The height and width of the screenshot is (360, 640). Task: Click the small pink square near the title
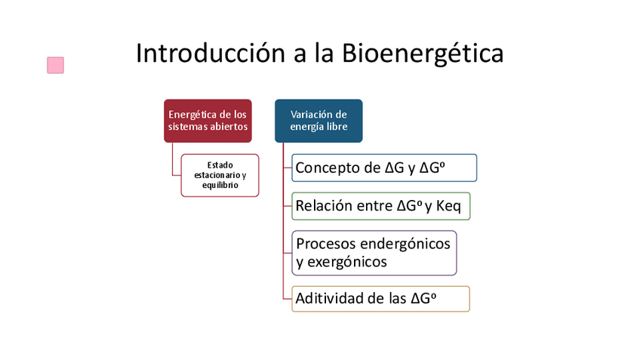point(55,66)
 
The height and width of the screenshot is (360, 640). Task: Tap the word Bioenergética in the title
point(423,54)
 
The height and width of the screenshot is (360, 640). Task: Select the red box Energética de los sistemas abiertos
point(208,121)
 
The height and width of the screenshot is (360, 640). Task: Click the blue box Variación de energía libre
point(318,121)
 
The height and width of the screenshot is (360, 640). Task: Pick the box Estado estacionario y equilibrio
point(220,175)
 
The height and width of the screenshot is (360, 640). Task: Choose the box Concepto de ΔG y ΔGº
point(384,168)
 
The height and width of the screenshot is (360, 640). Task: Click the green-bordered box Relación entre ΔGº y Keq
point(381,206)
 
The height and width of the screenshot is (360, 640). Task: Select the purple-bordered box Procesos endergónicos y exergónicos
point(374,253)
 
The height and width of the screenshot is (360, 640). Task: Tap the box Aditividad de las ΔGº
point(381,298)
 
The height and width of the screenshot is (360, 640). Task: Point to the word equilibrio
point(220,185)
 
